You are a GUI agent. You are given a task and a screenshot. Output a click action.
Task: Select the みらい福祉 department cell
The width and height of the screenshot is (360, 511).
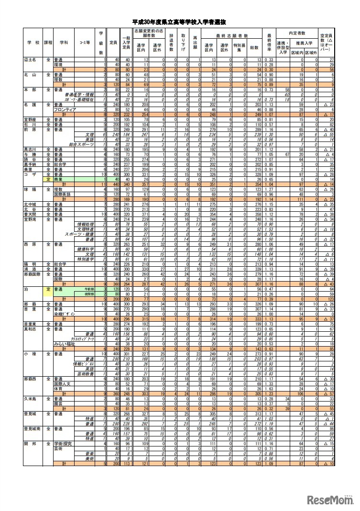[x=62, y=344]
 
